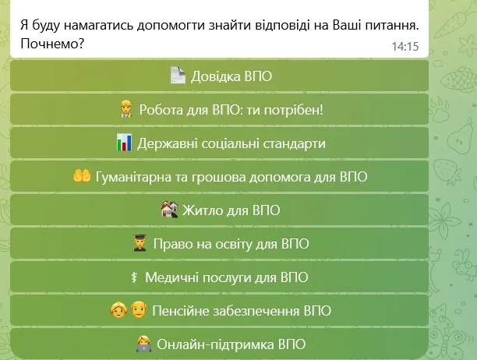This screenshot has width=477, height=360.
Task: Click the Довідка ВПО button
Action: coord(220,76)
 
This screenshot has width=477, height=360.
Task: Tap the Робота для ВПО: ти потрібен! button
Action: coord(220,109)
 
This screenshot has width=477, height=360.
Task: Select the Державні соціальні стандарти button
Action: coord(220,143)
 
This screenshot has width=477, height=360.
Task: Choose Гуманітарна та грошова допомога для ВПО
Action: coord(220,177)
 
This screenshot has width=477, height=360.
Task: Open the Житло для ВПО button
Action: coord(220,210)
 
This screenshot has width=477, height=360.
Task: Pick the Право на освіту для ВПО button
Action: coord(220,243)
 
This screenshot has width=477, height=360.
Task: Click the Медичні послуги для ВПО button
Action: coord(220,277)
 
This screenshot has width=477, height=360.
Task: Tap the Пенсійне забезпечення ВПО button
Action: coord(220,311)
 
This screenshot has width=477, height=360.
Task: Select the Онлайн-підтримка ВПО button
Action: coord(220,344)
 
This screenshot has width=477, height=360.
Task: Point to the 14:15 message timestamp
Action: coord(405,47)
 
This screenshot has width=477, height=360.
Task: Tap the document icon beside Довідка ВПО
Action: coord(177,76)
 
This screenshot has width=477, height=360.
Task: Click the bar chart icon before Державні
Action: coord(124,143)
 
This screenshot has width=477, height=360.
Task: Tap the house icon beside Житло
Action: coord(169,210)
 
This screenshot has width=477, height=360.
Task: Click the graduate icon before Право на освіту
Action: coord(140,243)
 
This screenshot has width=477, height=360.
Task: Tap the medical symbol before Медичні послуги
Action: coord(136,277)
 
